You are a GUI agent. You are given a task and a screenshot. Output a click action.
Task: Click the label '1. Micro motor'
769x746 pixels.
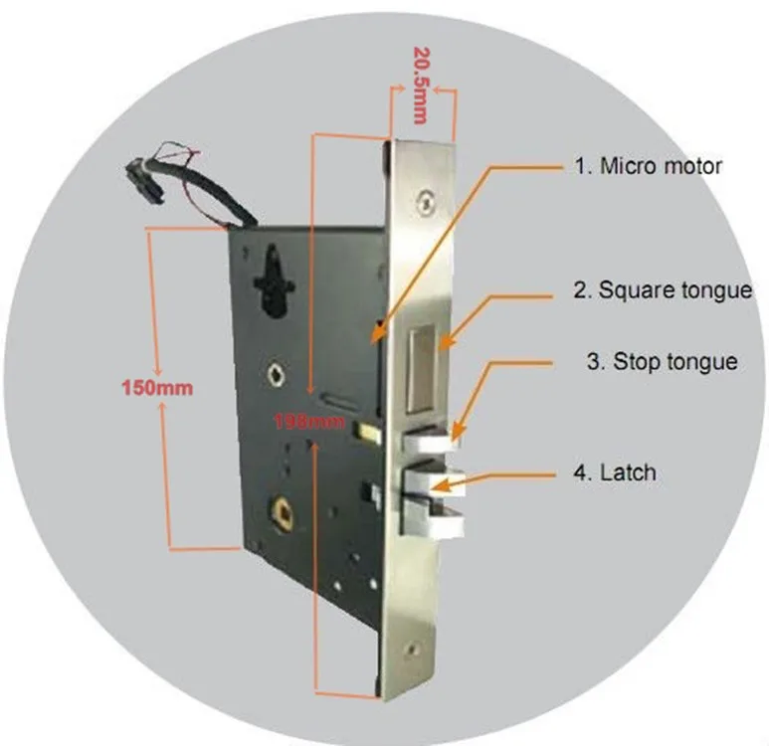tap(647, 166)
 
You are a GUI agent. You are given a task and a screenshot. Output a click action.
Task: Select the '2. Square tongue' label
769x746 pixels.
tap(662, 290)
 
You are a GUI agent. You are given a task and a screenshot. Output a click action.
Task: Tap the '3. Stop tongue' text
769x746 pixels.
tap(662, 361)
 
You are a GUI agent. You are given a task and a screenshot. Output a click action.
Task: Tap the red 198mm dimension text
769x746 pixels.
tap(310, 422)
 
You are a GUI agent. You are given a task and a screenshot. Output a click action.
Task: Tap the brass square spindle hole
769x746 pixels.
tap(284, 514)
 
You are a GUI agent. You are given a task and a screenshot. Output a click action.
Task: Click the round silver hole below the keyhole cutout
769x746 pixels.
tap(276, 374)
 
